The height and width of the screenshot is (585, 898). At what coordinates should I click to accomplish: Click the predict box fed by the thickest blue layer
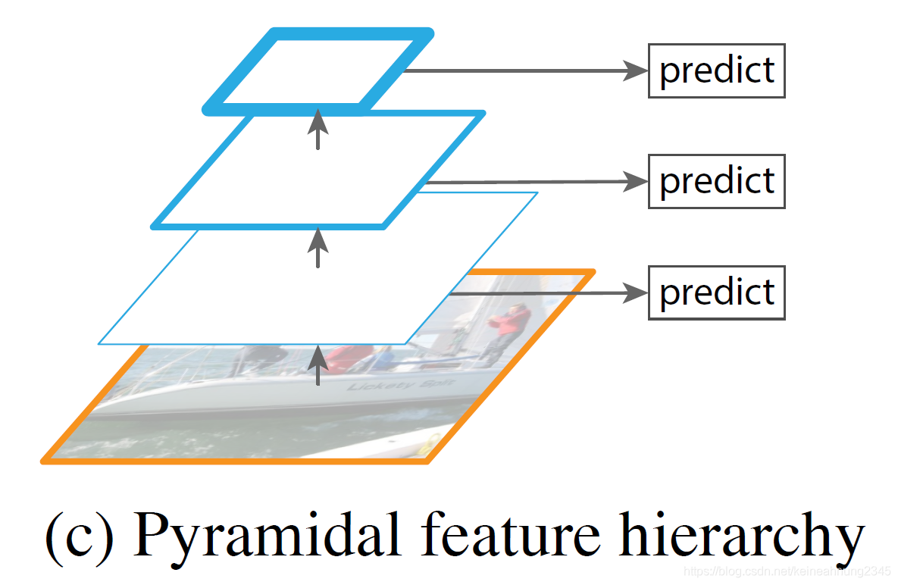[x=716, y=71]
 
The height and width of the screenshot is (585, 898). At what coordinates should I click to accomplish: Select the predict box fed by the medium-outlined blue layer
[x=716, y=181]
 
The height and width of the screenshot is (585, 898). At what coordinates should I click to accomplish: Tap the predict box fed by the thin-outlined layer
[x=716, y=292]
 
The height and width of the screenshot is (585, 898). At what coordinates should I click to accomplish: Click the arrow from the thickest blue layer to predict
[x=523, y=71]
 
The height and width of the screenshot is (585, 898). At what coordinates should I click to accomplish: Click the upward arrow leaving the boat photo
[x=318, y=364]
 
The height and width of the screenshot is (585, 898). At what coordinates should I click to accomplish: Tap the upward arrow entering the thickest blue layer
[x=318, y=129]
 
